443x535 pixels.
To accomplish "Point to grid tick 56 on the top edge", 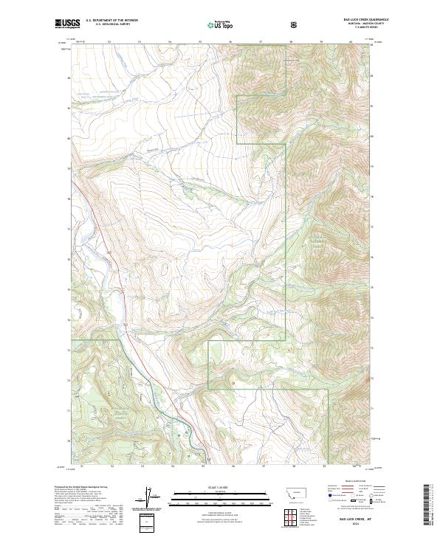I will (230, 42).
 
